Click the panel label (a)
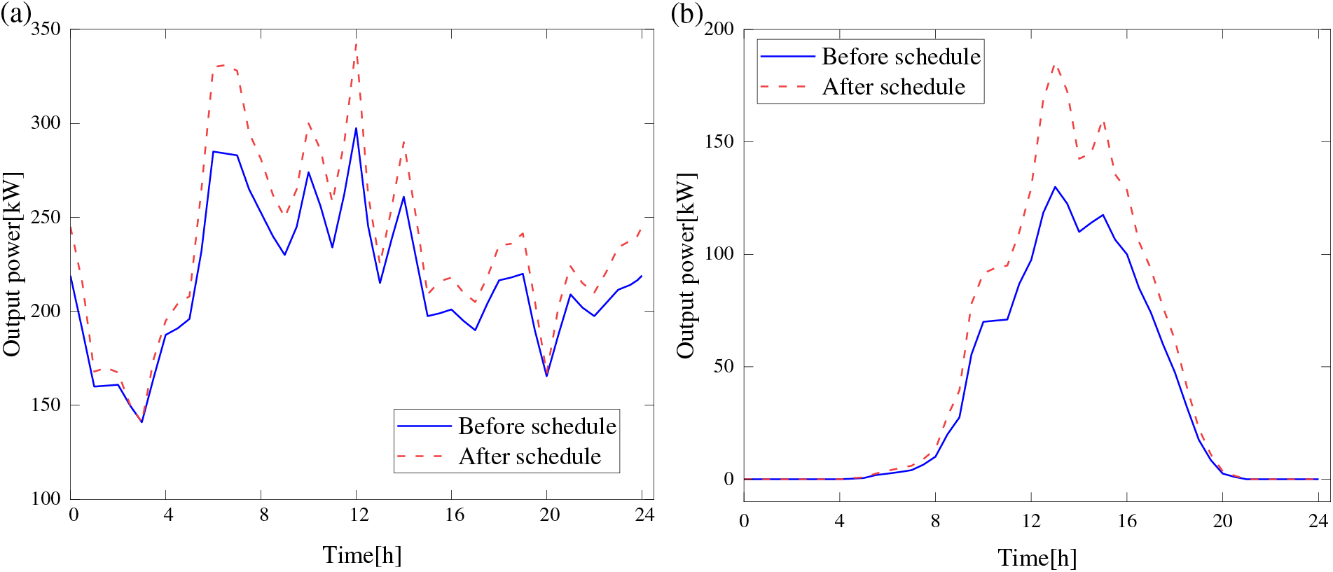15,14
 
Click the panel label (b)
686,14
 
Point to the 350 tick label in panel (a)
46,29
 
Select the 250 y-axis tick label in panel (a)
46,217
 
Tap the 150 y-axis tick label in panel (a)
46,405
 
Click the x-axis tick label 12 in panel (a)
359,515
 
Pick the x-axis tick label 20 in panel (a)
549,515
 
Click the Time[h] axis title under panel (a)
362,555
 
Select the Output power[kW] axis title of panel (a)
13,264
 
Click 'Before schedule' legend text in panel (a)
537,426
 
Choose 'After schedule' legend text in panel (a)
530,456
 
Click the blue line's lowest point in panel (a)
141,421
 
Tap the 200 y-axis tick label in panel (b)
719,29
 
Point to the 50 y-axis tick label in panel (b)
724,366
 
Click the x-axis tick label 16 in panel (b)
1126,521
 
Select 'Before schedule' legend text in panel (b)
901,56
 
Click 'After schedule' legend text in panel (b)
894,87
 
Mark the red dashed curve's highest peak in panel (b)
1055,66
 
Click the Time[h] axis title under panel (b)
1037,558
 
